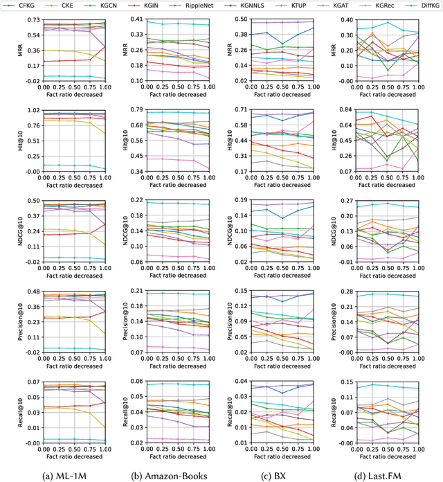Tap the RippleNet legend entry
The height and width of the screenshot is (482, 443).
pos(199,5)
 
